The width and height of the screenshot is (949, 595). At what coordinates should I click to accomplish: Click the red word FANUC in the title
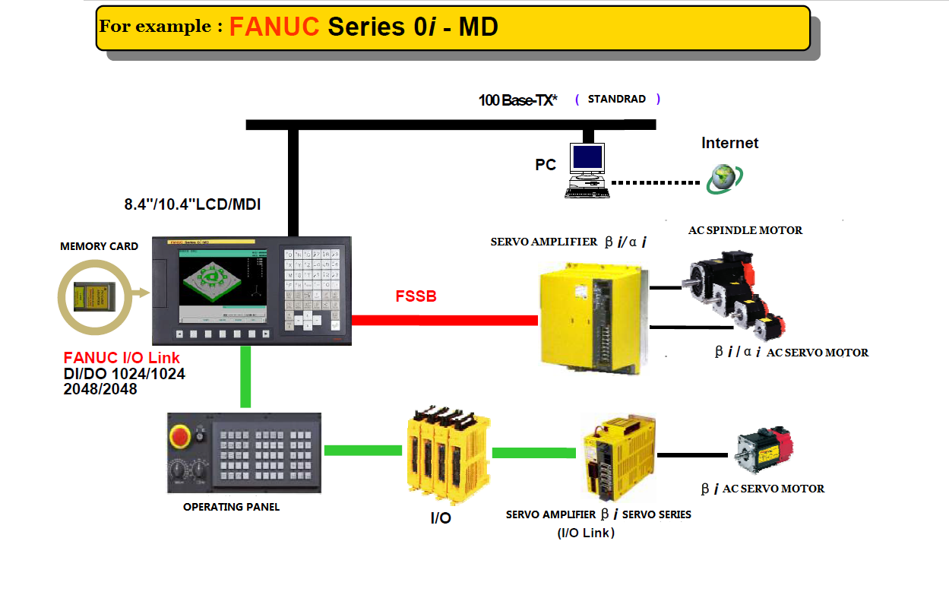tap(274, 27)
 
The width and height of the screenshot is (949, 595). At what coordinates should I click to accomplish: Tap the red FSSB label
tap(416, 296)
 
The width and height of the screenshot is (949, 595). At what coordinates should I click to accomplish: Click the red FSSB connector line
tap(444, 321)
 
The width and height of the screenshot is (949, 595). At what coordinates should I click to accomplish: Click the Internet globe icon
tap(723, 179)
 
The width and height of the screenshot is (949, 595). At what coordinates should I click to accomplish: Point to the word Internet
tap(729, 143)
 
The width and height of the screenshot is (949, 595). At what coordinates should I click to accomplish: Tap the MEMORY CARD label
tap(99, 246)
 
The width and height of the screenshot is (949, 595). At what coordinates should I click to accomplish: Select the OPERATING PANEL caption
tap(231, 507)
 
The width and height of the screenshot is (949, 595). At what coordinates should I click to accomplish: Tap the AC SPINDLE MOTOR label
tap(745, 230)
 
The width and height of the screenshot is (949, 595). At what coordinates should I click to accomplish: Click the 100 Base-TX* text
tap(517, 100)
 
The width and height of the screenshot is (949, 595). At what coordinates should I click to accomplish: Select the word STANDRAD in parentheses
tap(616, 99)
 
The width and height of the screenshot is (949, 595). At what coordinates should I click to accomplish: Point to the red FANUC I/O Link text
tap(122, 358)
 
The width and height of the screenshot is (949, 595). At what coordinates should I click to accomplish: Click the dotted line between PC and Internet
tap(655, 182)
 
